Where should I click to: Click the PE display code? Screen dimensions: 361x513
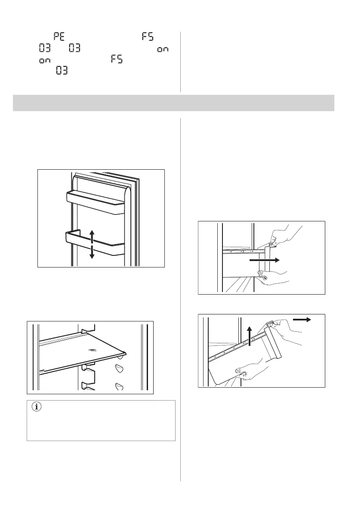pos(59,36)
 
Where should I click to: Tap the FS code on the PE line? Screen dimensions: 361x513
pos(148,36)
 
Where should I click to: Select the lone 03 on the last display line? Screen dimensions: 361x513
pos(62,70)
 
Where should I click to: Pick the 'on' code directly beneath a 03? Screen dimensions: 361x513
pos(45,61)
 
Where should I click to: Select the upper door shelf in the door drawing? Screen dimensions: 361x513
pos(96,203)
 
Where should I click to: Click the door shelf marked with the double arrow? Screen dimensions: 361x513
pos(95,244)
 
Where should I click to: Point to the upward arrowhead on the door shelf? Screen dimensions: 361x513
pos(92,233)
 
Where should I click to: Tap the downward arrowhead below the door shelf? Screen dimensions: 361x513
pos(92,255)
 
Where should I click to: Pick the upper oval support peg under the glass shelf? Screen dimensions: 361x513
pos(119,368)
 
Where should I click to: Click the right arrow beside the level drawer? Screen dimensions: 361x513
pos(264,260)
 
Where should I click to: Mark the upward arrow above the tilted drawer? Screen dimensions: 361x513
pos(250,336)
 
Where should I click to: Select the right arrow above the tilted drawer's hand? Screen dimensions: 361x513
pos(302,320)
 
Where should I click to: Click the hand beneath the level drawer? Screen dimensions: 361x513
pos(275,277)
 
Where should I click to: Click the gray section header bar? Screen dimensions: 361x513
pos(173,103)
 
